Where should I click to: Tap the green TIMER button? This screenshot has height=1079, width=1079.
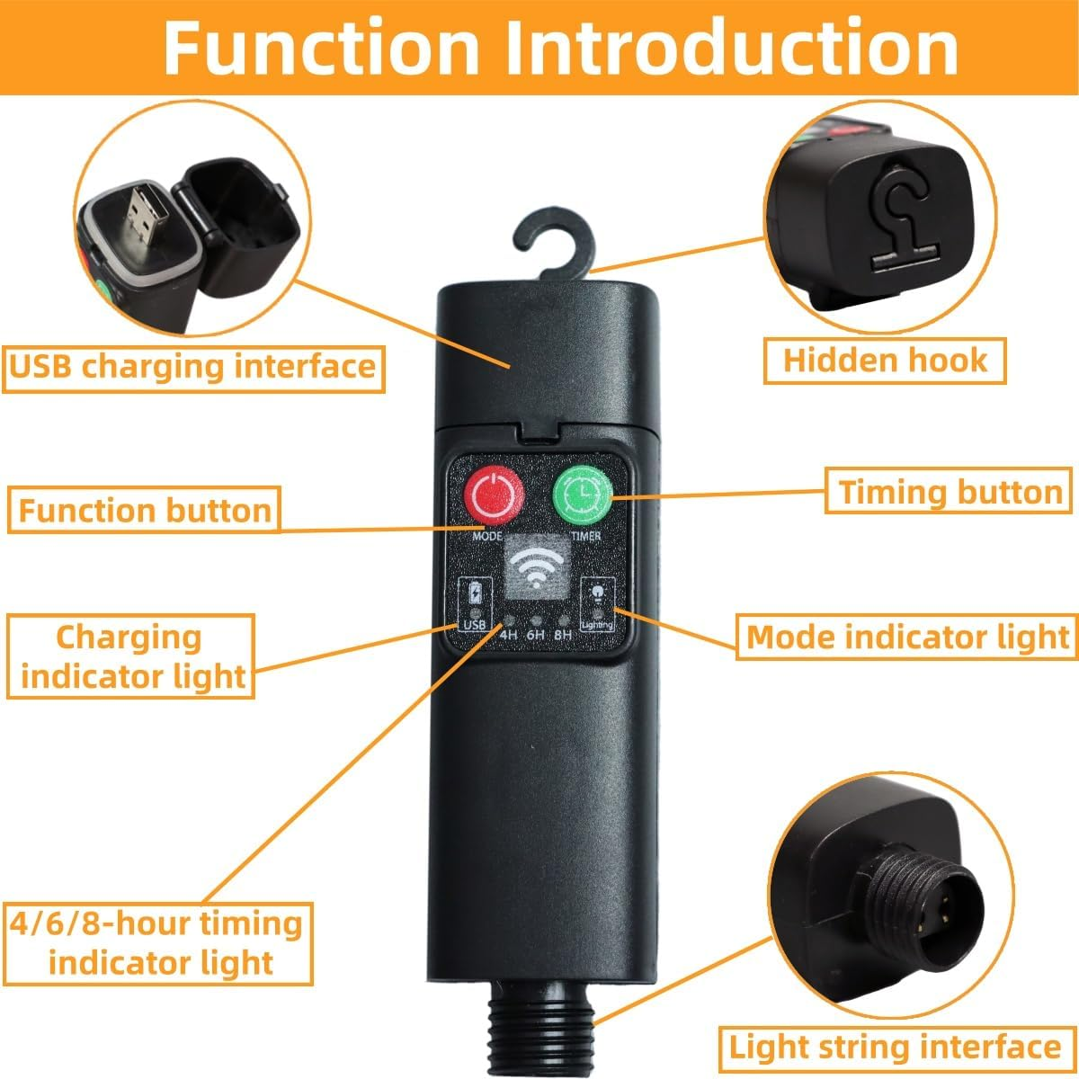tap(581, 495)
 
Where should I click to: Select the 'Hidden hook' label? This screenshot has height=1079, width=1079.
tap(885, 361)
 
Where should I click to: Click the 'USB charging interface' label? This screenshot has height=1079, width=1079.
tap(192, 367)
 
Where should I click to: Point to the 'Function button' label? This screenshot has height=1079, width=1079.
tap(145, 511)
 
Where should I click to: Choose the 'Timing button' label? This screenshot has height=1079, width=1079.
tap(950, 492)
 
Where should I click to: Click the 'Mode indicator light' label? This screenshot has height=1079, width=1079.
tap(908, 637)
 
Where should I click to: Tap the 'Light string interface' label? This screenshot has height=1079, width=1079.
tap(895, 1048)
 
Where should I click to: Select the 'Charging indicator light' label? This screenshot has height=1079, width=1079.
tap(131, 656)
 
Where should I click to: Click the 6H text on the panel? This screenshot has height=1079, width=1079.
tap(536, 635)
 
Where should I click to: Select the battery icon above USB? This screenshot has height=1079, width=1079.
tap(475, 594)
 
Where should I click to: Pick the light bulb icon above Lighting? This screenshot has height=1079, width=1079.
tap(597, 593)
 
